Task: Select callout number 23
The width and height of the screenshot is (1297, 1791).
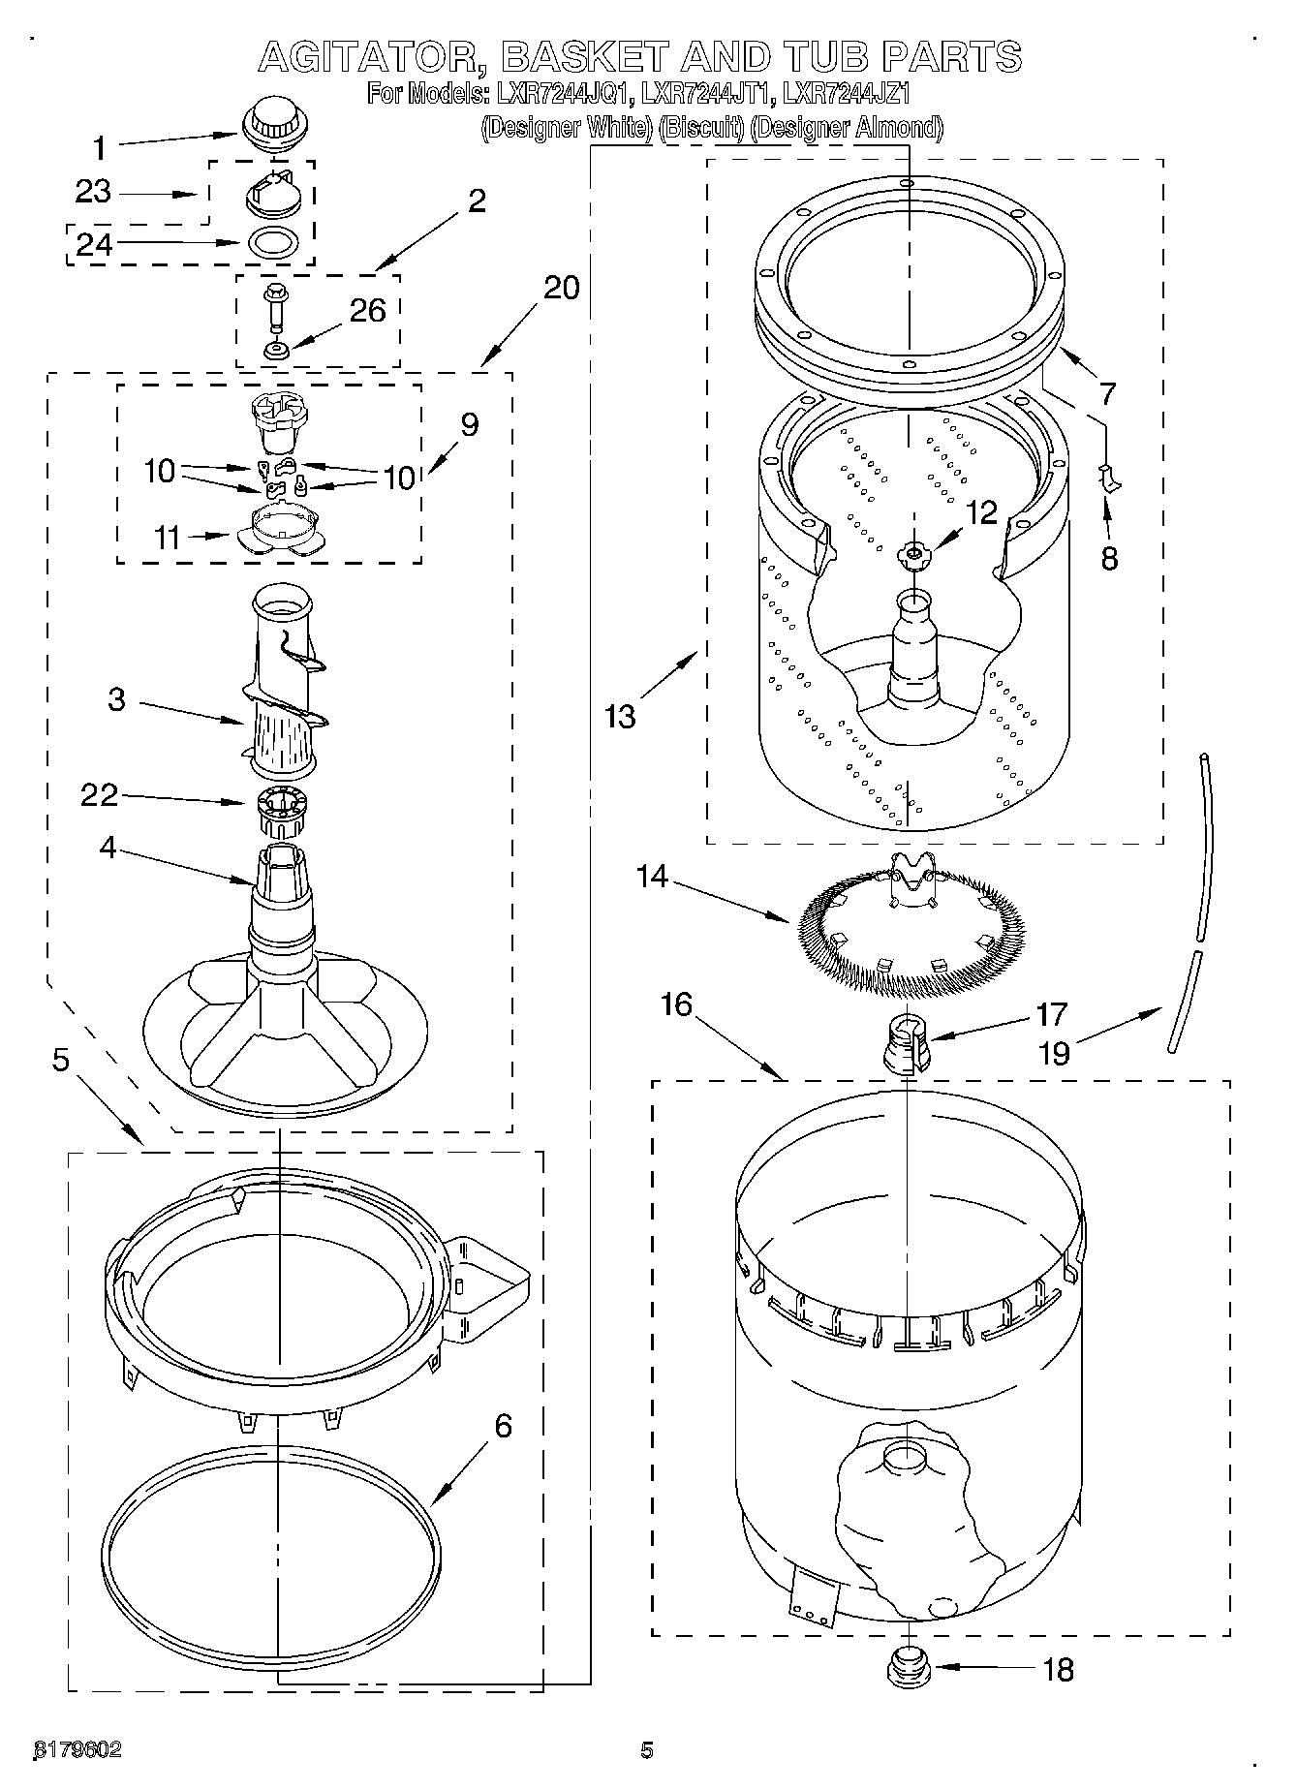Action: tap(93, 192)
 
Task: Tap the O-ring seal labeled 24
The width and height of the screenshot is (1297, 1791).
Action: tap(274, 242)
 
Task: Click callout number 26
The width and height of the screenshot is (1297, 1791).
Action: tap(368, 311)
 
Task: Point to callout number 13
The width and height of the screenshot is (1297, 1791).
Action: tap(620, 718)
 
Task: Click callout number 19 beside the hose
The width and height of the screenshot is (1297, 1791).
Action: tap(1053, 1053)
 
